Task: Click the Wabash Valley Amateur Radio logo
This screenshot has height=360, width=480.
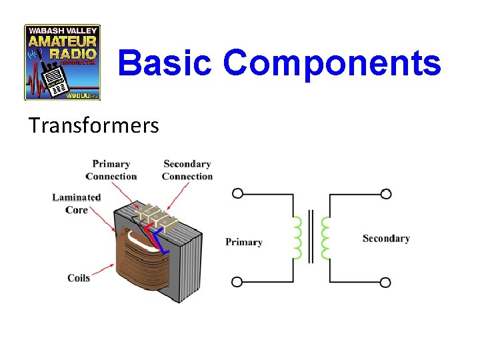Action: tap(63, 63)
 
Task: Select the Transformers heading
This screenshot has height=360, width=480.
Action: tap(93, 125)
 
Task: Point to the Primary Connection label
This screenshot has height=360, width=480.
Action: tap(111, 170)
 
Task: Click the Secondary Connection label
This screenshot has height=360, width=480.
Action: tap(187, 170)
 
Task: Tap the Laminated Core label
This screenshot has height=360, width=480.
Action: tap(77, 203)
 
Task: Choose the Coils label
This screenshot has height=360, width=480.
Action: tap(79, 277)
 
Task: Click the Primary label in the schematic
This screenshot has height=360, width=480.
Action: tap(244, 242)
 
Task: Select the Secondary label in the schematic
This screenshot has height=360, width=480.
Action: tap(386, 238)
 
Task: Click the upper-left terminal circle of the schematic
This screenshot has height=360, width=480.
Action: tap(237, 194)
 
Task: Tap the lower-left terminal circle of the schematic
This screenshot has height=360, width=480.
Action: tap(237, 282)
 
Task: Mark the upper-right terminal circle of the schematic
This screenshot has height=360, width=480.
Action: tap(385, 194)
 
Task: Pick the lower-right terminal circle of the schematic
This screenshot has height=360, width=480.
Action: tap(385, 282)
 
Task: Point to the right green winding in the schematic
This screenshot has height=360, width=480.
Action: tap(325, 238)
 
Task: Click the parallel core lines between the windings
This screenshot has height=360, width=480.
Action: tap(311, 238)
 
